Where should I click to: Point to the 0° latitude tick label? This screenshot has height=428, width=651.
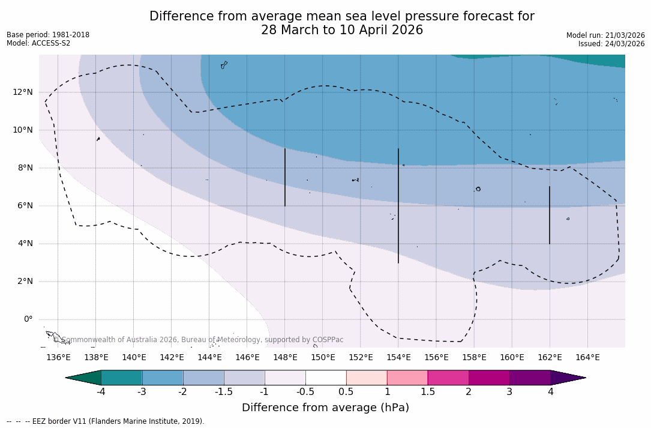[x=28, y=319]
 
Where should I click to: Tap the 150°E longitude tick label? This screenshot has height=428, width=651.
[x=323, y=357]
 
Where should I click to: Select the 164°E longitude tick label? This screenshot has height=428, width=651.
[x=587, y=357]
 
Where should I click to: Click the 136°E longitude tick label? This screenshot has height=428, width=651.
[x=58, y=357]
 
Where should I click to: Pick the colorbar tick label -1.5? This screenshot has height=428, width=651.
[x=224, y=392]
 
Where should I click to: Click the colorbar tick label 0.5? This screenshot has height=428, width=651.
[x=346, y=392]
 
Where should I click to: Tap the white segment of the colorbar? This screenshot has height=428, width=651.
[x=326, y=378]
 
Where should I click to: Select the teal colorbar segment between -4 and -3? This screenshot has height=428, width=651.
[x=122, y=378]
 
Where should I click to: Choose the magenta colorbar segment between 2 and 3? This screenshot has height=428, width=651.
[x=489, y=378]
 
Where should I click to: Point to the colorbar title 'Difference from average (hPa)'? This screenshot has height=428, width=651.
[x=325, y=408]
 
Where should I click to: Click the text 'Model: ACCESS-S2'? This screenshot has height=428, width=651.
[x=38, y=43]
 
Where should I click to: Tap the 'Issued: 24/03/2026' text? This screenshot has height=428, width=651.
[x=611, y=44]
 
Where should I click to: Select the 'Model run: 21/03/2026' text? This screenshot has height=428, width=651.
[x=605, y=35]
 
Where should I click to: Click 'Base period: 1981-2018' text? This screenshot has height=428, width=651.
[x=48, y=35]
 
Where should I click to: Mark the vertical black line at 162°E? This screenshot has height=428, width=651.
[x=550, y=215]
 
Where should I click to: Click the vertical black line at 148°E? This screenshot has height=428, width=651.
[x=285, y=177]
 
